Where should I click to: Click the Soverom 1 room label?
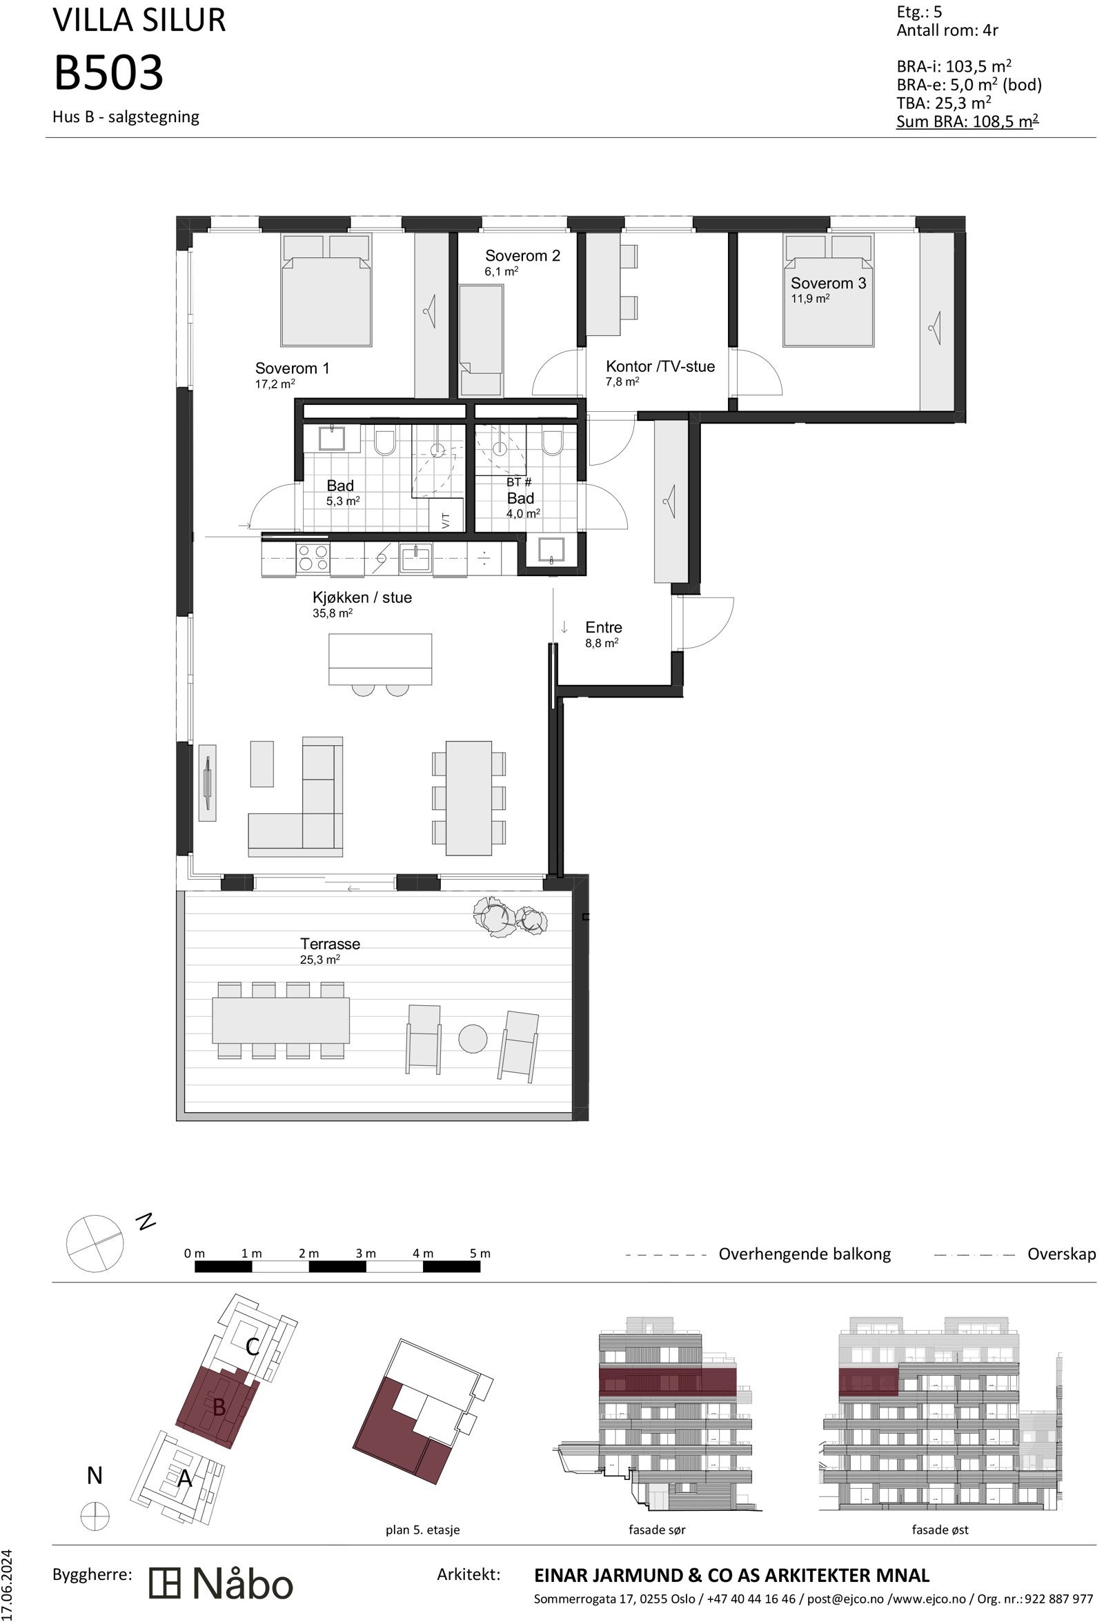[x=292, y=368]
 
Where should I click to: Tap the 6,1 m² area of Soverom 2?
[x=501, y=272]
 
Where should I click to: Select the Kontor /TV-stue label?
[x=660, y=366]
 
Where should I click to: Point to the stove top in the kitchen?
[x=312, y=558]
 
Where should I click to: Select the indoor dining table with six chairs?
[x=469, y=797]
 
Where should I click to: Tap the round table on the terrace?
[x=473, y=1038]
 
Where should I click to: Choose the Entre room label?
[x=603, y=627]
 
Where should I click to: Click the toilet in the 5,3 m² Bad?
[x=384, y=442]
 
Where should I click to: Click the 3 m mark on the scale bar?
[x=365, y=1253]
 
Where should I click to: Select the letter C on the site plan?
[x=253, y=1345]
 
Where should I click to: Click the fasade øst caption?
[x=939, y=1529]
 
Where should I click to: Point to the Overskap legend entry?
[x=1061, y=1254]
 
